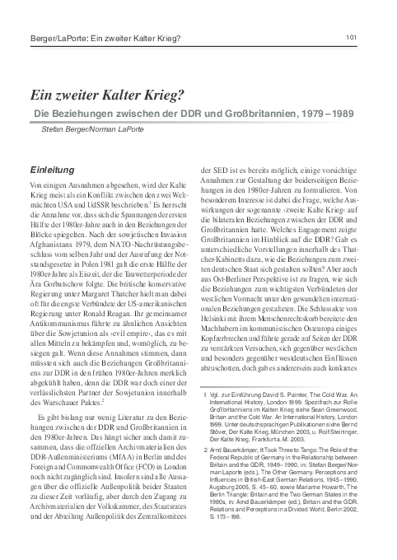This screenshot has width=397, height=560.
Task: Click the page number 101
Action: pyautogui.click(x=351, y=14)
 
